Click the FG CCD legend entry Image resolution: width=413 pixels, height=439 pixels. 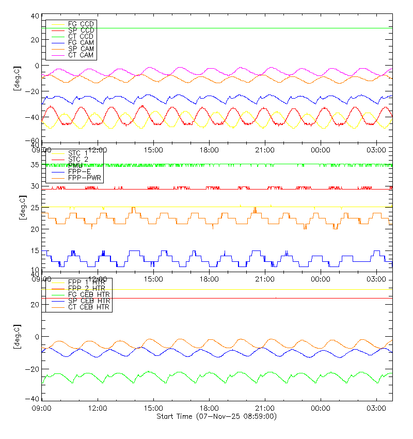81,24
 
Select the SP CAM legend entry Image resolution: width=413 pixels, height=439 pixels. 81,49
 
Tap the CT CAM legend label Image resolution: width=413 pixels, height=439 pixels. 81,55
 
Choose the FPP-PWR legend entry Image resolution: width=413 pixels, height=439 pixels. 85,178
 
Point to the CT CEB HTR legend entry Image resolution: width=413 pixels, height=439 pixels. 89,307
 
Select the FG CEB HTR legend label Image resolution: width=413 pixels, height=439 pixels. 89,294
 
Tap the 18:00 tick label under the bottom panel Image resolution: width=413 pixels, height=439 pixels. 209,408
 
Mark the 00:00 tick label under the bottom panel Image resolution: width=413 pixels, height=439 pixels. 321,408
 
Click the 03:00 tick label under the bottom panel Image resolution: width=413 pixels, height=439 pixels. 376,408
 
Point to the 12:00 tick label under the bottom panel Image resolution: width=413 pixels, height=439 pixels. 98,408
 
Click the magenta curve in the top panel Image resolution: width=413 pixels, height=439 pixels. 150,68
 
